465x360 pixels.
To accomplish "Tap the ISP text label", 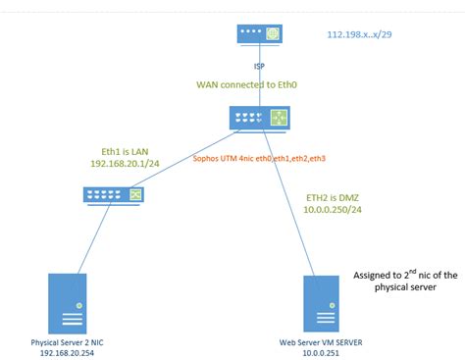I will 259,66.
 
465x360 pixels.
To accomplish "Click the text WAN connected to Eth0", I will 260,85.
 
